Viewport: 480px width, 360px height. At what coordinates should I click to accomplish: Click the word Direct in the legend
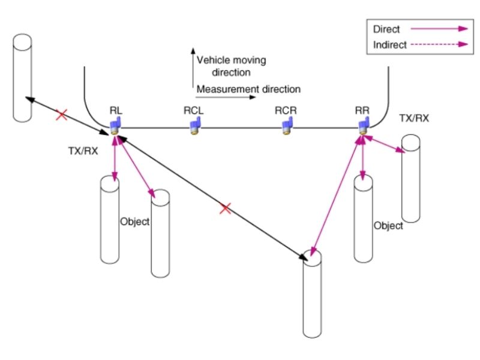click(x=386, y=28)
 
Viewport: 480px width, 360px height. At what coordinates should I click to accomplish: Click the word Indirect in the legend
click(x=390, y=44)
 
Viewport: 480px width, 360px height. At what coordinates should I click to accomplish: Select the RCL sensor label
click(x=194, y=111)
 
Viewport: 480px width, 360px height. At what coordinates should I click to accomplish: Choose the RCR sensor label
click(x=285, y=111)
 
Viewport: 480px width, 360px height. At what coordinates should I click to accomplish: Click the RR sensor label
click(x=362, y=111)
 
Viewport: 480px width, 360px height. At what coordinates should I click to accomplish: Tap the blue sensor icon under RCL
click(x=194, y=125)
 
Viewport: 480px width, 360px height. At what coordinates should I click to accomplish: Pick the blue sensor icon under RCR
click(x=287, y=125)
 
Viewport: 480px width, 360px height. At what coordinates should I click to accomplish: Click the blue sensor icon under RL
click(x=115, y=125)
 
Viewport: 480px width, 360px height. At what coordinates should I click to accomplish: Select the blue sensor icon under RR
click(x=363, y=125)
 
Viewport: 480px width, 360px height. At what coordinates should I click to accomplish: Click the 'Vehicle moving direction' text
click(x=231, y=66)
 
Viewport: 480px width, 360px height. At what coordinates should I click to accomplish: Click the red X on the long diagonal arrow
click(x=226, y=209)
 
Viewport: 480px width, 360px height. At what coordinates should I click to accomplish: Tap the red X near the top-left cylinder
click(x=61, y=114)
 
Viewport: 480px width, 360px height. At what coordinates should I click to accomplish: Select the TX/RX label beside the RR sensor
click(x=413, y=118)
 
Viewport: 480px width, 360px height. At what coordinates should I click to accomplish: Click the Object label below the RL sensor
click(x=134, y=221)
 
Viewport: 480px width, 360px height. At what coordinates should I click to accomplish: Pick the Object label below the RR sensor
click(x=388, y=226)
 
